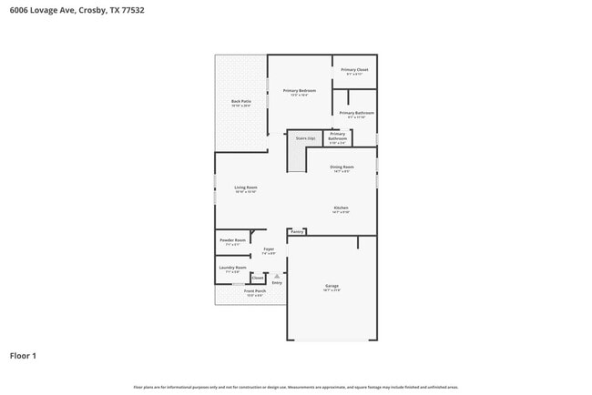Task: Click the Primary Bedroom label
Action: click(x=300, y=91)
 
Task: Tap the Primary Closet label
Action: click(x=354, y=70)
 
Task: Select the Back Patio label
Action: click(x=240, y=102)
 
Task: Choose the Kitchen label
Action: click(x=341, y=208)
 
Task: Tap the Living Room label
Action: click(x=246, y=187)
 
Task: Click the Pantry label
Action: click(x=297, y=232)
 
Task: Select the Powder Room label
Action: click(x=232, y=240)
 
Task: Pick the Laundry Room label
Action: click(x=232, y=268)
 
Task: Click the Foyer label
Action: click(x=269, y=248)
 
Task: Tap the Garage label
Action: click(x=332, y=287)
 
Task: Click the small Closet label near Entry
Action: click(x=258, y=279)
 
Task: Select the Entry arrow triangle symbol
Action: click(x=277, y=276)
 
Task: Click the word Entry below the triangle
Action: click(x=277, y=283)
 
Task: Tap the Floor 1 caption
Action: click(x=23, y=355)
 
